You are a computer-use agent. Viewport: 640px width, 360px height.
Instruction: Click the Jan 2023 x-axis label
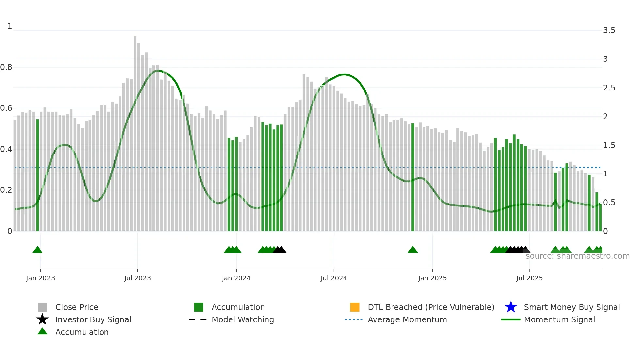point(40,278)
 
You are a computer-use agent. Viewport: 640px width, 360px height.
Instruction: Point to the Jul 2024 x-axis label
point(334,278)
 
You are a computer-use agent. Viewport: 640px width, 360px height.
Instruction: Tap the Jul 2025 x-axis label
point(529,278)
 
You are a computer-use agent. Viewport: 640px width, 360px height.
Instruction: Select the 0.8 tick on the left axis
point(6,67)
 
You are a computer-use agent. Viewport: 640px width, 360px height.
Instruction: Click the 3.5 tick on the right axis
point(609,30)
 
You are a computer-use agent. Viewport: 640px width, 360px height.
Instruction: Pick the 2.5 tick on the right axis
point(609,88)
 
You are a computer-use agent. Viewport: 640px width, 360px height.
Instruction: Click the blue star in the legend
point(511,307)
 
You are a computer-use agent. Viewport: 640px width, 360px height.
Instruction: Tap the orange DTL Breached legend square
point(355,307)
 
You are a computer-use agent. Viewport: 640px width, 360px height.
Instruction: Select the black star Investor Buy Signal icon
point(42,319)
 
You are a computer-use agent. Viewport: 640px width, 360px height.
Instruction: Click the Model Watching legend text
point(243,319)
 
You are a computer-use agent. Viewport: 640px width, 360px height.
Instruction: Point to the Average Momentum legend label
point(407,319)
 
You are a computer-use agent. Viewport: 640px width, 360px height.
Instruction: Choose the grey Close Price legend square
point(42,307)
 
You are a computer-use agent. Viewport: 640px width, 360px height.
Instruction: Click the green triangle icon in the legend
point(42,331)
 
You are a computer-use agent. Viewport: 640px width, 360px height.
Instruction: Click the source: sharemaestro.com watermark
point(577,256)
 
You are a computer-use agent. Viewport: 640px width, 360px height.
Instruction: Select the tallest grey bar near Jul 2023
point(135,131)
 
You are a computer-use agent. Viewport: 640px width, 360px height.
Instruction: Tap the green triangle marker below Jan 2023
point(38,250)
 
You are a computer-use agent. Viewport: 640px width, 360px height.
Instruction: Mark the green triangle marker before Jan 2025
point(413,250)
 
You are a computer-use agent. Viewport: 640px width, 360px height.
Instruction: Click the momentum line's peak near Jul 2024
point(344,74)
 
